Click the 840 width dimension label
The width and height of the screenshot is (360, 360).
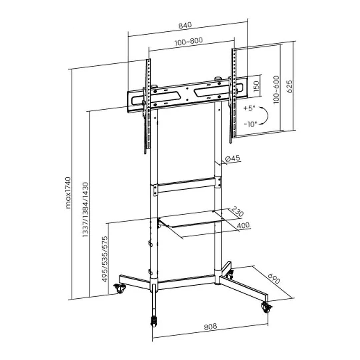coord(185,25)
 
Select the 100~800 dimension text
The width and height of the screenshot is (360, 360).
coord(188,41)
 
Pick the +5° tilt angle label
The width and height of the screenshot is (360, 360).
coord(249,108)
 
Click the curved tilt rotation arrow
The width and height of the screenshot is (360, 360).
coord(264,116)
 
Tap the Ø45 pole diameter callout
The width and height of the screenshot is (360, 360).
coord(233,159)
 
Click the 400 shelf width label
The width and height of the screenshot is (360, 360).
coord(243,226)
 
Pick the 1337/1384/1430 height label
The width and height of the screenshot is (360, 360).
coord(85,209)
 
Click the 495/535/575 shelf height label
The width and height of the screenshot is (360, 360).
coord(105,259)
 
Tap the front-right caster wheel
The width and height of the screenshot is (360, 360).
coord(266,308)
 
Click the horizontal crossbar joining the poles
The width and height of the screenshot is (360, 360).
coord(187,186)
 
